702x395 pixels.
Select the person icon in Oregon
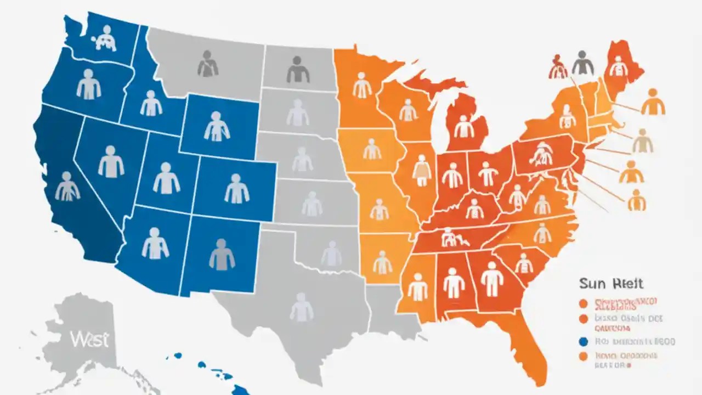tap(88, 85)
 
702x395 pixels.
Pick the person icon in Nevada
tap(111, 162)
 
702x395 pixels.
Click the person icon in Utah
tap(166, 178)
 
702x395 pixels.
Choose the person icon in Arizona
tap(155, 244)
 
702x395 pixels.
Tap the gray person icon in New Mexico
tap(222, 254)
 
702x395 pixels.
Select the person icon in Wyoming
tap(217, 126)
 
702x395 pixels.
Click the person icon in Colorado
tap(237, 189)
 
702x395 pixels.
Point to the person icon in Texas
tap(301, 307)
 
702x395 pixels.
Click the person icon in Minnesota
tap(362, 85)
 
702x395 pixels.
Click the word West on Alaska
tap(89, 339)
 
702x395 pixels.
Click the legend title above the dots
tap(610, 284)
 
